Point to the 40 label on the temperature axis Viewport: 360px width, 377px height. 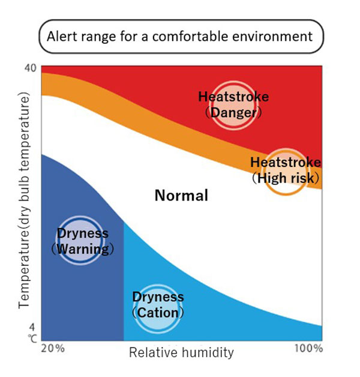[x=31, y=68]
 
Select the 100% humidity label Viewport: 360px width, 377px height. [x=309, y=349]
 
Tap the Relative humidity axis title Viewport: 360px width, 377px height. [x=181, y=352]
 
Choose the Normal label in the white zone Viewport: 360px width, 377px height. [x=181, y=195]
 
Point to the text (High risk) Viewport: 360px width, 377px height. [x=285, y=178]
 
